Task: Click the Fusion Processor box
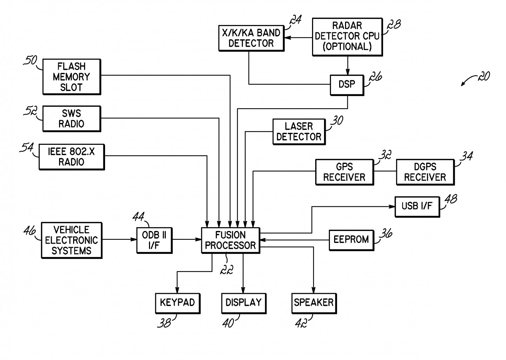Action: (231, 240)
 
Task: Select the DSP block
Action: (347, 85)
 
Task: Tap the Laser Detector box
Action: (299, 132)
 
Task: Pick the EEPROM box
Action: (351, 240)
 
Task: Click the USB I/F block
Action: (417, 207)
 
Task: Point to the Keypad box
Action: (177, 303)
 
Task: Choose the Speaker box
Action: (314, 303)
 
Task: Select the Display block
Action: (244, 303)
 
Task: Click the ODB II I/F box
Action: (155, 240)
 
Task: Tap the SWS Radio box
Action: (72, 119)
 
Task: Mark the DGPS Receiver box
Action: (425, 172)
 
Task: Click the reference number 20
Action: (484, 77)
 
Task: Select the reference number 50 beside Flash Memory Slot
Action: (30, 60)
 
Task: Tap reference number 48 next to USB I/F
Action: (450, 199)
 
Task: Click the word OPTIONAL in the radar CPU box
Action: (347, 46)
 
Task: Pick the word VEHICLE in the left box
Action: (72, 230)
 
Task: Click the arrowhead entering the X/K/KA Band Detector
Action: (287, 38)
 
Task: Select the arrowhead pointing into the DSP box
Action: (348, 72)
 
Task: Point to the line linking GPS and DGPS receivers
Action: (385, 171)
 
